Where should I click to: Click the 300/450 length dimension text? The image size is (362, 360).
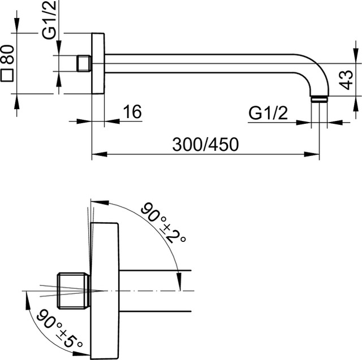pyautogui.click(x=206, y=144)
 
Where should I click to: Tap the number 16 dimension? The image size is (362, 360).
pyautogui.click(x=131, y=112)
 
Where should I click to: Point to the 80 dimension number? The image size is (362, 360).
pyautogui.click(x=8, y=57)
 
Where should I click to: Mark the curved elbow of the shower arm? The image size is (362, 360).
pyautogui.click(x=312, y=71)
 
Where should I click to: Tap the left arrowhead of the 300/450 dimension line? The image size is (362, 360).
pyautogui.click(x=95, y=153)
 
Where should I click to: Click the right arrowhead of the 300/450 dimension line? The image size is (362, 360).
pyautogui.click(x=317, y=153)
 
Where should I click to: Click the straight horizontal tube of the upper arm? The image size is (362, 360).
pyautogui.click(x=204, y=63)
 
